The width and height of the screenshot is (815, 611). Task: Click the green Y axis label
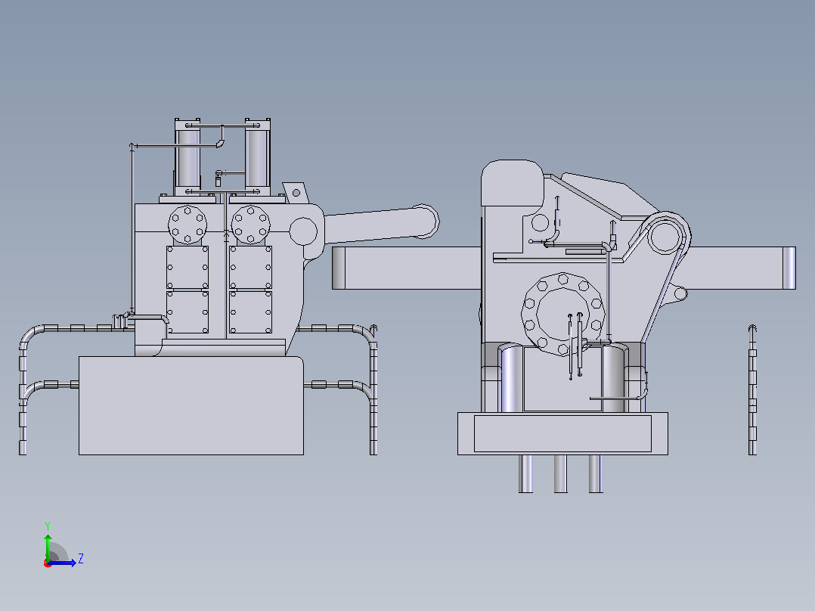point(48,526)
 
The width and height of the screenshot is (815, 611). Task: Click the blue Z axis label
point(81,559)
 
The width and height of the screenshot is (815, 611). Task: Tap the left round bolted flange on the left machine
point(187,225)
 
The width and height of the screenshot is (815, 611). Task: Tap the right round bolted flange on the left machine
point(250,225)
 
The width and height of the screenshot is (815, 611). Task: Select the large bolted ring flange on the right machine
point(563,315)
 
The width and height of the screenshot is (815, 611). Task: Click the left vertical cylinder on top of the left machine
point(187,157)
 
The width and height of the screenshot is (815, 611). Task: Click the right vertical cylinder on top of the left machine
point(257,157)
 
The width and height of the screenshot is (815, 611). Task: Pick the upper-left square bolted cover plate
point(187,267)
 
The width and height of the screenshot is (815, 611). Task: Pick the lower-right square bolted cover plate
point(250,312)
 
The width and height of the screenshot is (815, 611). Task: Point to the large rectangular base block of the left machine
point(191,405)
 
